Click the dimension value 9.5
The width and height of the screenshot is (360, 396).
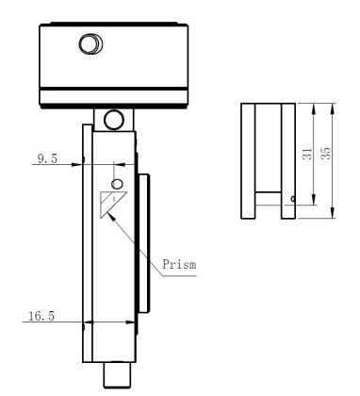[x=47, y=161]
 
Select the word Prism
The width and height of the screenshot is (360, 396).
[x=179, y=265]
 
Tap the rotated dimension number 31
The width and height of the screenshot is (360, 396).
[x=307, y=153]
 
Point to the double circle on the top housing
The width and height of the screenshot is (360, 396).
[x=91, y=44]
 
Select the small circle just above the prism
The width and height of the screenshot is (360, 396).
[x=117, y=182]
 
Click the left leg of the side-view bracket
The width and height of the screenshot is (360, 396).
[x=248, y=159]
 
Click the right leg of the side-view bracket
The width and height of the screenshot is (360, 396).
[x=287, y=159]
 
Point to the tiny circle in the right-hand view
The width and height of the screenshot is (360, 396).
[x=294, y=198]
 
